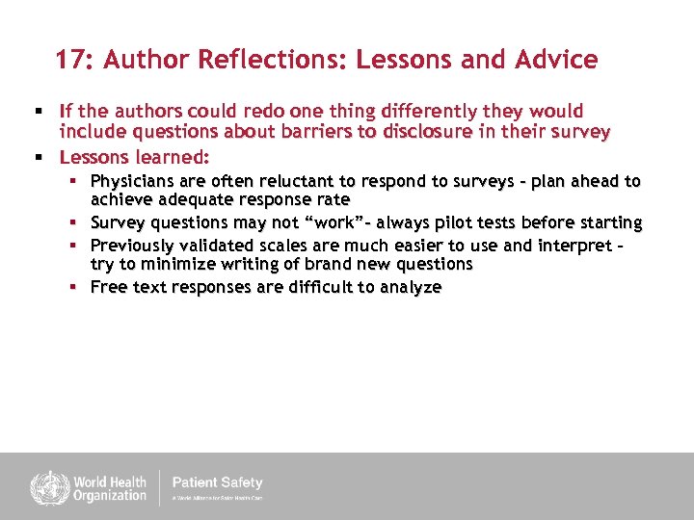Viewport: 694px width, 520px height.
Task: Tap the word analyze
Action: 410,287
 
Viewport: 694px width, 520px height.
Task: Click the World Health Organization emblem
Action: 43,487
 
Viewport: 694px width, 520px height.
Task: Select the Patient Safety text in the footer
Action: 217,482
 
